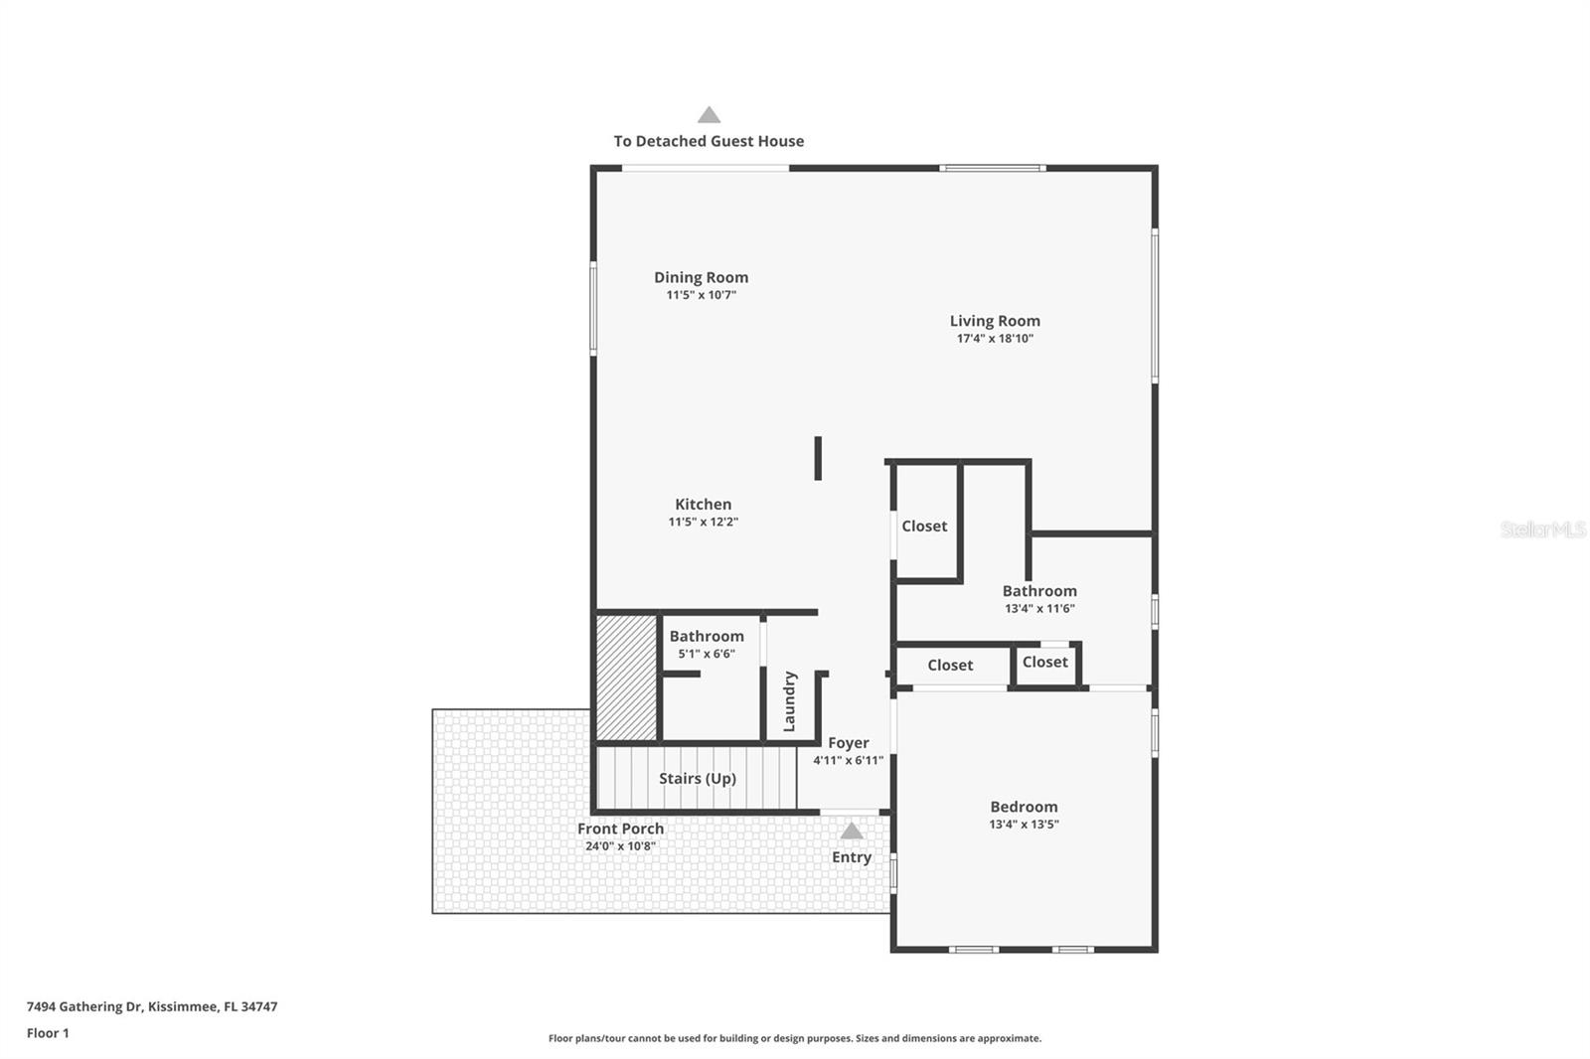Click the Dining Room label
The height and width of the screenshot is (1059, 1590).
coord(701,277)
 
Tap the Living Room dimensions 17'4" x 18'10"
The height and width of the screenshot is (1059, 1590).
coord(995,339)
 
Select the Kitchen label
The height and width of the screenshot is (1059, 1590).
coord(703,505)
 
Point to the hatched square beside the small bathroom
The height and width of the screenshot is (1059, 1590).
coord(626,679)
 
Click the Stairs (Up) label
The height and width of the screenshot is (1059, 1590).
coord(697,778)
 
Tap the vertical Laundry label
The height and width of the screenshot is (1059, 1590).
coord(790,701)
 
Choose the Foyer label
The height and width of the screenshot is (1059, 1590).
coord(848,743)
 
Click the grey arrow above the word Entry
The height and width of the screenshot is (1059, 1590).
coord(852,832)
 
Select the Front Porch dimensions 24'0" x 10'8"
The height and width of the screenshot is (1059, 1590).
coord(620,846)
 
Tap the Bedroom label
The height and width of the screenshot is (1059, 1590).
coord(1024,807)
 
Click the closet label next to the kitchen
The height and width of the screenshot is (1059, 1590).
coord(924,527)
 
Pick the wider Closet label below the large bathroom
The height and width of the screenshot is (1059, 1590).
coord(950,666)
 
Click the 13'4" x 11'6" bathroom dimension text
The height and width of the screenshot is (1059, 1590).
coord(1039,609)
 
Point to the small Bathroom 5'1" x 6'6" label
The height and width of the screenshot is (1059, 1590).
coord(707,637)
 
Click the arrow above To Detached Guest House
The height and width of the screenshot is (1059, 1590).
coord(709,115)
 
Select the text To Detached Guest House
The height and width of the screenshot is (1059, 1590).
coord(709,141)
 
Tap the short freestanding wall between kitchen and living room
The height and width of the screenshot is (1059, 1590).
coord(818,458)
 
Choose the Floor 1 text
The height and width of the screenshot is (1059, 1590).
coord(48,1033)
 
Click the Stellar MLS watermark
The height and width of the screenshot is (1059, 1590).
coord(1542,529)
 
